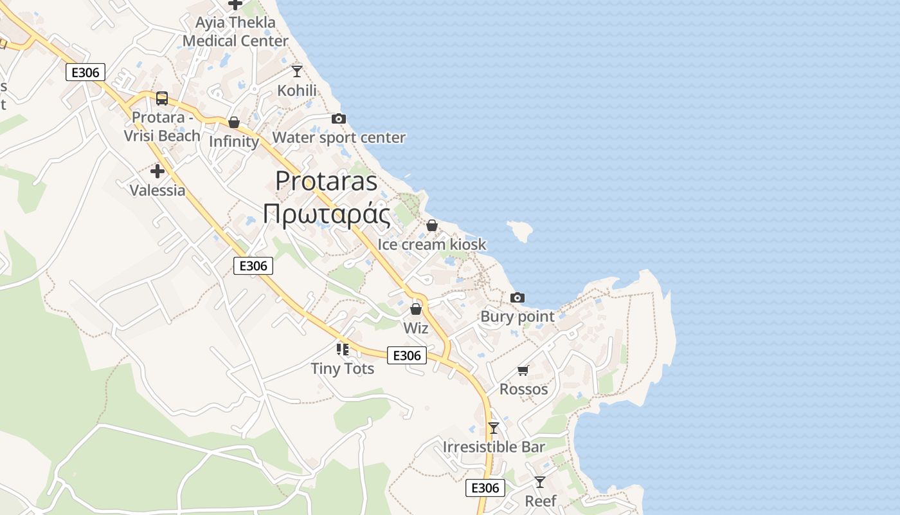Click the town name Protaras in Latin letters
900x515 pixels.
(x=326, y=181)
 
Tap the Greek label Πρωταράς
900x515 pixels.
(x=326, y=214)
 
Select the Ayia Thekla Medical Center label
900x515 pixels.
(x=236, y=32)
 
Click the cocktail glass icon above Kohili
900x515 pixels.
(x=296, y=71)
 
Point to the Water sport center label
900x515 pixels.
(x=339, y=137)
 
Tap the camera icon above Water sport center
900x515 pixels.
(x=338, y=118)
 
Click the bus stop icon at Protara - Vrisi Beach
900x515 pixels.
(x=162, y=98)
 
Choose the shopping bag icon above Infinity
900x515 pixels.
(x=234, y=122)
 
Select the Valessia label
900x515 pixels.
(x=157, y=190)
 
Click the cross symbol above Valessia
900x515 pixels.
(x=157, y=171)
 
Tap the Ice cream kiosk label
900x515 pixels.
(x=432, y=245)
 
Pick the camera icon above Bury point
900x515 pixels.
(x=517, y=297)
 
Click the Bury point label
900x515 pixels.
(x=517, y=316)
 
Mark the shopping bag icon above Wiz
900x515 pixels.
(x=416, y=309)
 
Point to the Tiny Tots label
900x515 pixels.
(x=343, y=368)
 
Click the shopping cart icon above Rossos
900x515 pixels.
(x=523, y=370)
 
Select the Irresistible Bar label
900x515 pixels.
(x=494, y=447)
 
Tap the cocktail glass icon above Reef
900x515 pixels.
(x=540, y=482)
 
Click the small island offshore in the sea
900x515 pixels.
(x=521, y=230)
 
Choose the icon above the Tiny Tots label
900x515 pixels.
(x=343, y=350)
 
